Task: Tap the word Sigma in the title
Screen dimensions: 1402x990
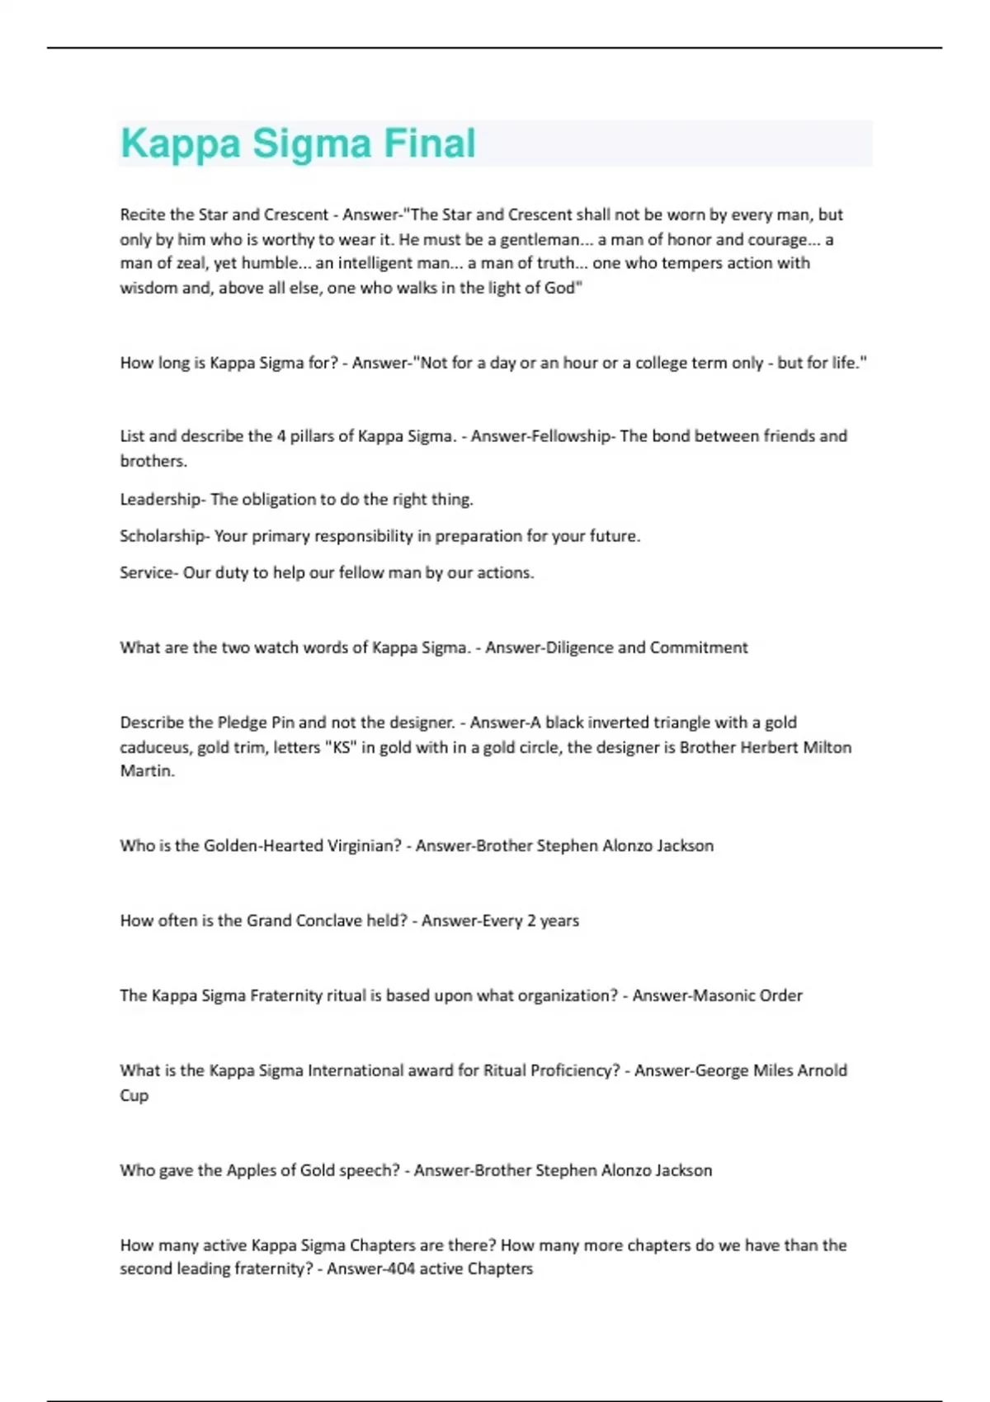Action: point(312,143)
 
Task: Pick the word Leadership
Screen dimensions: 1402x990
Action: point(160,499)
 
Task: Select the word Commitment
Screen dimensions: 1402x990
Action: point(699,647)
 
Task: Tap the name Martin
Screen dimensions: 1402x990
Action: point(146,771)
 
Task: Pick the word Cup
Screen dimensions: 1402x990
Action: point(134,1095)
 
